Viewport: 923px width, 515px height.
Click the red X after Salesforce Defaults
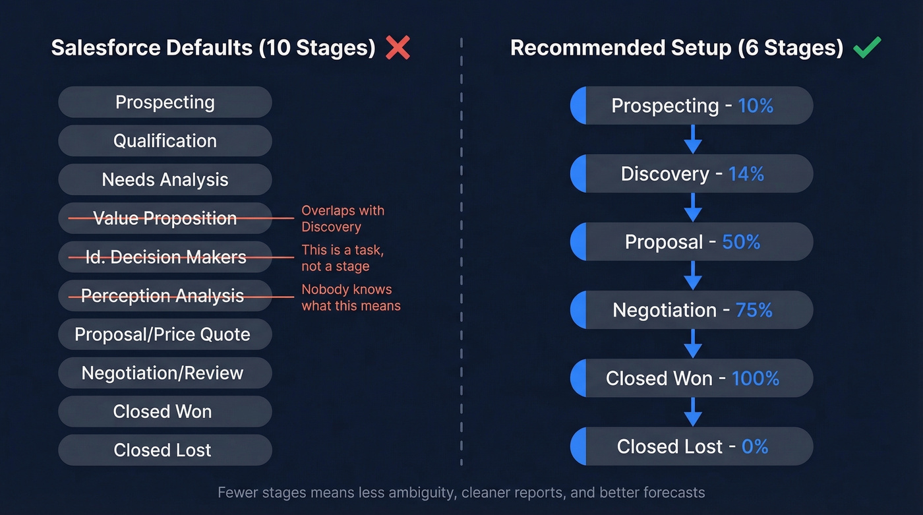(398, 47)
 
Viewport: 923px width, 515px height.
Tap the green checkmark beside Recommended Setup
(866, 47)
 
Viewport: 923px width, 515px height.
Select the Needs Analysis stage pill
(165, 179)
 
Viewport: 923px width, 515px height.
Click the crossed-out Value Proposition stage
(165, 218)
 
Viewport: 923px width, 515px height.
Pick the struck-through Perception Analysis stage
(165, 296)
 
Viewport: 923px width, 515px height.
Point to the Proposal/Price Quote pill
(165, 334)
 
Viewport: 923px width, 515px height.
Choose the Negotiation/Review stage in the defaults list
(165, 373)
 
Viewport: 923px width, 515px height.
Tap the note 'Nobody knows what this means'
(351, 297)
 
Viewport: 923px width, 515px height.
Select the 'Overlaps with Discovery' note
(343, 218)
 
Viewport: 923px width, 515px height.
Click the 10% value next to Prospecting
(756, 106)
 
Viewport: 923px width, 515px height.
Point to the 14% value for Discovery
(746, 174)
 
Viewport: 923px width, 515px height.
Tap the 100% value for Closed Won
(756, 379)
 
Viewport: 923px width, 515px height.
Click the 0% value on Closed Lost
(755, 446)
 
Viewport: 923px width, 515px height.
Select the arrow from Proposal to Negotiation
(692, 276)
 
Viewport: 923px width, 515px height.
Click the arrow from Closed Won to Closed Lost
(692, 412)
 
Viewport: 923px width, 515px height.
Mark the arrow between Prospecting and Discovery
(692, 139)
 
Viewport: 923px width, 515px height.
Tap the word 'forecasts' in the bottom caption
(673, 493)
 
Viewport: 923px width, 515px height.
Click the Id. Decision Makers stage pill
(165, 257)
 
